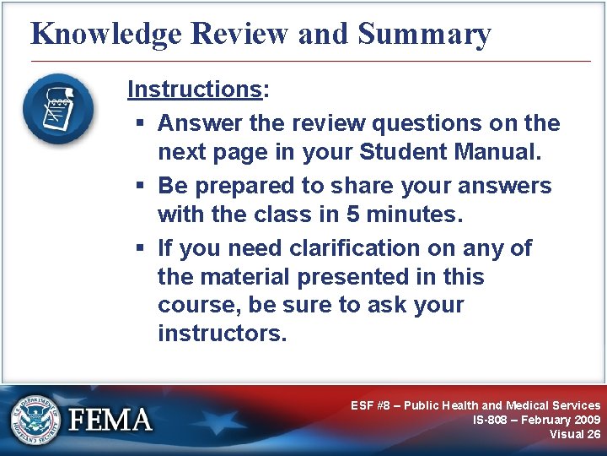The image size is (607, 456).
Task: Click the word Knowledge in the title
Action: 105,34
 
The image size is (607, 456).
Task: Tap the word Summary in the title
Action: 424,34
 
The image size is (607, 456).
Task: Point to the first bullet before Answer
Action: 141,124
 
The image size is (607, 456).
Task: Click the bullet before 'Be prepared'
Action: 141,186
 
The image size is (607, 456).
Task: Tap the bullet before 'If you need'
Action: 141,248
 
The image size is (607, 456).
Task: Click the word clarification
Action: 377,248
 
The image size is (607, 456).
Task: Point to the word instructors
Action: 222,334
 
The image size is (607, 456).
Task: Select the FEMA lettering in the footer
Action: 110,420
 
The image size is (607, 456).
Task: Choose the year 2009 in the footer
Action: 583,420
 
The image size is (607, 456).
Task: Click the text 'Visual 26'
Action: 575,434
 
